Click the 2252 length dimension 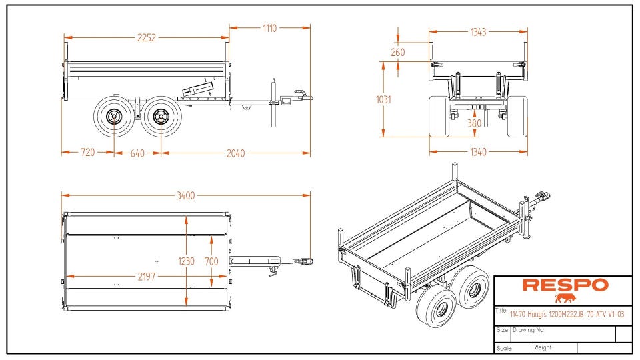pos(146,38)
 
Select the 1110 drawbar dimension pos(269,28)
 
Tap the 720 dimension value pos(87,153)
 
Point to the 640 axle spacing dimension pos(137,153)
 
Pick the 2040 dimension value pos(235,153)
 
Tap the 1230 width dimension pos(187,261)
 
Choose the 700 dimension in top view pos(211,261)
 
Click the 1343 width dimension pos(477,31)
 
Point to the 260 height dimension pos(398,52)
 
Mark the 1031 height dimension pos(383,99)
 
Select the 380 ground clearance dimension pos(474,123)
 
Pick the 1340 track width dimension pos(477,152)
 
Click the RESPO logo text pos(565,285)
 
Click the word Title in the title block pos(502,311)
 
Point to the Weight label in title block pos(543,347)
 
